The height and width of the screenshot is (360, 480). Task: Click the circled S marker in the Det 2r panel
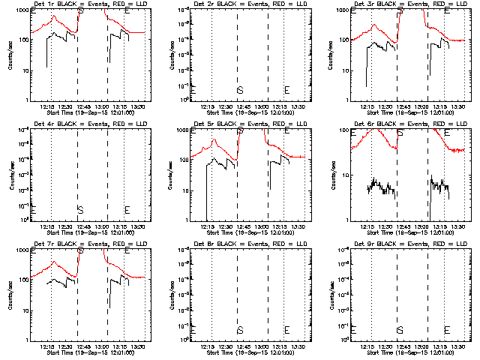(240, 90)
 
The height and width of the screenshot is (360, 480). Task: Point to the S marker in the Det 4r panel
(80, 209)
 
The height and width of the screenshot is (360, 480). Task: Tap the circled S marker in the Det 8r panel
(240, 330)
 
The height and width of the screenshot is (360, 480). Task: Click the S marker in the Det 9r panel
(400, 330)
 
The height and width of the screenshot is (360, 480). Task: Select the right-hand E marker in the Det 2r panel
(287, 90)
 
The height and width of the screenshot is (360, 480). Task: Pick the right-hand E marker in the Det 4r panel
(127, 209)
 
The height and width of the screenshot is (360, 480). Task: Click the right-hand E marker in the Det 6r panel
(447, 133)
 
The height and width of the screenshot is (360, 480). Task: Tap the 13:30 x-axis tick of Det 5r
(298, 226)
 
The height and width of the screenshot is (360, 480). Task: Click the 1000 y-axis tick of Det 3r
(335, 11)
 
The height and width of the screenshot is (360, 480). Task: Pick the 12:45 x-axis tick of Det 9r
(403, 346)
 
